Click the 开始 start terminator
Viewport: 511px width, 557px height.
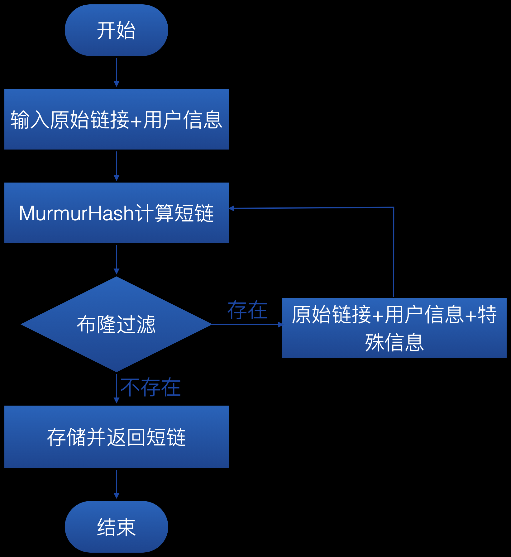(x=116, y=30)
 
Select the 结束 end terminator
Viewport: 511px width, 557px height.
(x=116, y=526)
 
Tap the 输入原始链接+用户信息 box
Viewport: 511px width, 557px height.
(x=116, y=119)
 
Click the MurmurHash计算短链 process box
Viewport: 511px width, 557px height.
(x=116, y=213)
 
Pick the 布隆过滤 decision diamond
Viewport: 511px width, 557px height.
(x=116, y=324)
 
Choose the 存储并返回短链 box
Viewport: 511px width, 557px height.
(x=116, y=437)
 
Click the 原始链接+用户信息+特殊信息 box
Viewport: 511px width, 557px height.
(x=394, y=328)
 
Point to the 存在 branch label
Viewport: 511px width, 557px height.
(x=247, y=310)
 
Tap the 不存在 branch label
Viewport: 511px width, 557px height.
(x=150, y=387)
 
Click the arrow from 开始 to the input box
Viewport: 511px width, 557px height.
(x=117, y=72)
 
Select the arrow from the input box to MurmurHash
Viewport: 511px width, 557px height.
(x=117, y=166)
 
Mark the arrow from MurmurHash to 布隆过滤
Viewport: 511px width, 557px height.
(x=117, y=259)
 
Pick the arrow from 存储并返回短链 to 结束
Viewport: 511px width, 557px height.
(x=117, y=484)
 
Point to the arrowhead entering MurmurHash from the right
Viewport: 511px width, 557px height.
(x=232, y=208)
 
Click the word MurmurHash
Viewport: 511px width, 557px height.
(x=76, y=213)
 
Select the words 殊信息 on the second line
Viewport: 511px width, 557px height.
(x=394, y=342)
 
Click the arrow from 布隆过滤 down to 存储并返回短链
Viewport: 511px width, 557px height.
(x=117, y=388)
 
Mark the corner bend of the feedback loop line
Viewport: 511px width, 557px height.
(x=394, y=207)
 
